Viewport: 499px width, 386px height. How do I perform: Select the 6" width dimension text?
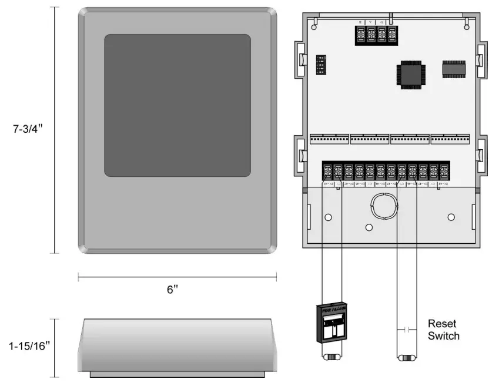pyautogui.click(x=172, y=290)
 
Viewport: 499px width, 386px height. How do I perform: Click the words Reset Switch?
pyautogui.click(x=443, y=330)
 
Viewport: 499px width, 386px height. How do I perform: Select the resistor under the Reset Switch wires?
pyautogui.click(x=406, y=357)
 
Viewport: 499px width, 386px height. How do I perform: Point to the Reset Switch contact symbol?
pyautogui.click(x=406, y=326)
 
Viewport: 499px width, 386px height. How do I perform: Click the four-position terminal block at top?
pyautogui.click(x=376, y=34)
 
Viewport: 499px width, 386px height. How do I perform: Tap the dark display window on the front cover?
pyautogui.click(x=178, y=105)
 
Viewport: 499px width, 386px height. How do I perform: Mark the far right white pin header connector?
pyautogui.click(x=450, y=139)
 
